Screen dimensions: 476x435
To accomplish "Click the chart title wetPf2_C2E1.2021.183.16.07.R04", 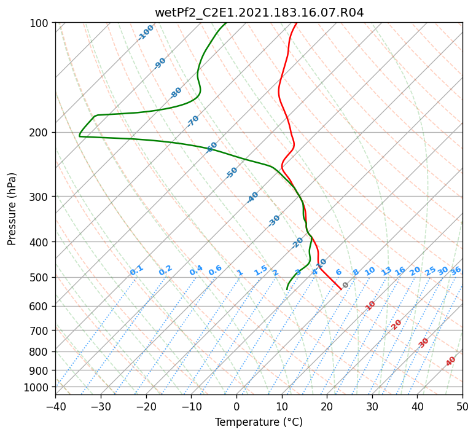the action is click(x=259, y=12).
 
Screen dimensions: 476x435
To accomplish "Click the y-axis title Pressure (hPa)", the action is click(x=12, y=209).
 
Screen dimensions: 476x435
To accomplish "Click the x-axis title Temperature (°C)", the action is click(x=259, y=422).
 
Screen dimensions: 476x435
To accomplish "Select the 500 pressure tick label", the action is click(x=41, y=278).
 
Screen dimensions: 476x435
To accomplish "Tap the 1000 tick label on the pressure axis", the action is click(x=38, y=388).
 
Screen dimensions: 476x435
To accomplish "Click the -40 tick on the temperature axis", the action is click(x=55, y=406).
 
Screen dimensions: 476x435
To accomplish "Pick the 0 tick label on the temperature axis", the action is click(x=236, y=406).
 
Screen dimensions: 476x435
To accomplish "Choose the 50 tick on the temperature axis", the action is click(x=462, y=406).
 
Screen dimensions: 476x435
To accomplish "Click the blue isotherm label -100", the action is click(x=146, y=33).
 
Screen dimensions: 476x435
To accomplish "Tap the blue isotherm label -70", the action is click(x=193, y=121).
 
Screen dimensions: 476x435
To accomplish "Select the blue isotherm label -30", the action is click(x=274, y=221).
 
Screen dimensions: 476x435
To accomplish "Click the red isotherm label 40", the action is click(x=450, y=361).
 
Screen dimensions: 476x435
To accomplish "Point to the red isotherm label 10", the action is click(x=370, y=305).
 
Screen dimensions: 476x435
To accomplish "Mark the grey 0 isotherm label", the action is click(x=345, y=285).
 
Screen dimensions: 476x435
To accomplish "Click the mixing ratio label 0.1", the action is click(x=136, y=270).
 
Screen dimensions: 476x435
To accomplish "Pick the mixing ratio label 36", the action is click(x=456, y=271).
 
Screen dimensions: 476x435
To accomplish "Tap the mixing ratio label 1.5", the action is click(x=260, y=270).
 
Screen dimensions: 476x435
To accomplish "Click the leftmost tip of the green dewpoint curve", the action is click(x=79, y=136).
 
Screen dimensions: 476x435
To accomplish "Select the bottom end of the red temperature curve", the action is click(x=341, y=289).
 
